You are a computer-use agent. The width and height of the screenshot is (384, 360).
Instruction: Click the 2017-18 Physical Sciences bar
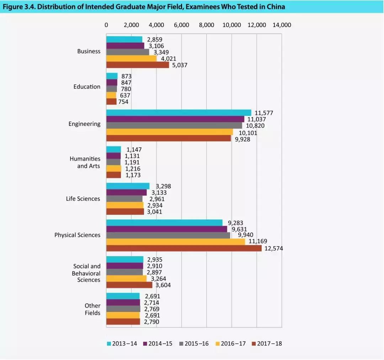(184, 248)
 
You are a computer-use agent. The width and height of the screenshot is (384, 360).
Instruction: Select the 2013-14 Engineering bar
(178, 113)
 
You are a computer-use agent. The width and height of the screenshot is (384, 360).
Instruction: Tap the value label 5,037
(180, 65)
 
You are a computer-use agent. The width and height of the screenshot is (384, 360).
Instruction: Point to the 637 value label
(125, 95)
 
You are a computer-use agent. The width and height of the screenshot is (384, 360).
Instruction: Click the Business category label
(89, 51)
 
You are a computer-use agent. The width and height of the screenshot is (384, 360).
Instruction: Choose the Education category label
(87, 87)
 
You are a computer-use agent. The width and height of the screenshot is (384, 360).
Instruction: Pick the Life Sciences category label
(83, 198)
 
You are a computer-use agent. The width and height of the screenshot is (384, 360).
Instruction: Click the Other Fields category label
(92, 309)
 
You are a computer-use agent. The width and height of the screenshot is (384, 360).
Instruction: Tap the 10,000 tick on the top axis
(231, 25)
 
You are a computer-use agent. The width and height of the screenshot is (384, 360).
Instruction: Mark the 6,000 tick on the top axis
(181, 25)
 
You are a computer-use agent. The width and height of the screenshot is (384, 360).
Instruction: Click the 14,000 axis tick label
(282, 25)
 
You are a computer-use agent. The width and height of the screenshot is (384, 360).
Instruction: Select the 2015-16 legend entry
(194, 343)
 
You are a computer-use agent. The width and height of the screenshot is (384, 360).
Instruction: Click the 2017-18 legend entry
(267, 343)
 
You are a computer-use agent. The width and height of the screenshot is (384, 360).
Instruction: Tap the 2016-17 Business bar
(131, 59)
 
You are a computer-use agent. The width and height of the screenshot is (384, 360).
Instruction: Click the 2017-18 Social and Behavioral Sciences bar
(129, 285)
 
